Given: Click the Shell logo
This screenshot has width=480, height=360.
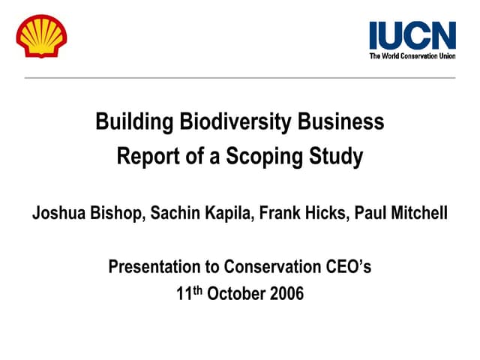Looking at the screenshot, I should pos(42,36).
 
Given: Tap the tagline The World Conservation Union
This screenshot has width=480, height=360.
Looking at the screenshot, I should pos(412,55).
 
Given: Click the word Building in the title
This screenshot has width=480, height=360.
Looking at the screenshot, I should pos(127,121).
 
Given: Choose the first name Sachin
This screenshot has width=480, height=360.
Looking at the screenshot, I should pos(176,213).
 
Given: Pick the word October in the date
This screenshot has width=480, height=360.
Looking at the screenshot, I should pos(235,293).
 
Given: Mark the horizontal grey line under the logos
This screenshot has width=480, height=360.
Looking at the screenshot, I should pos(240,77).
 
